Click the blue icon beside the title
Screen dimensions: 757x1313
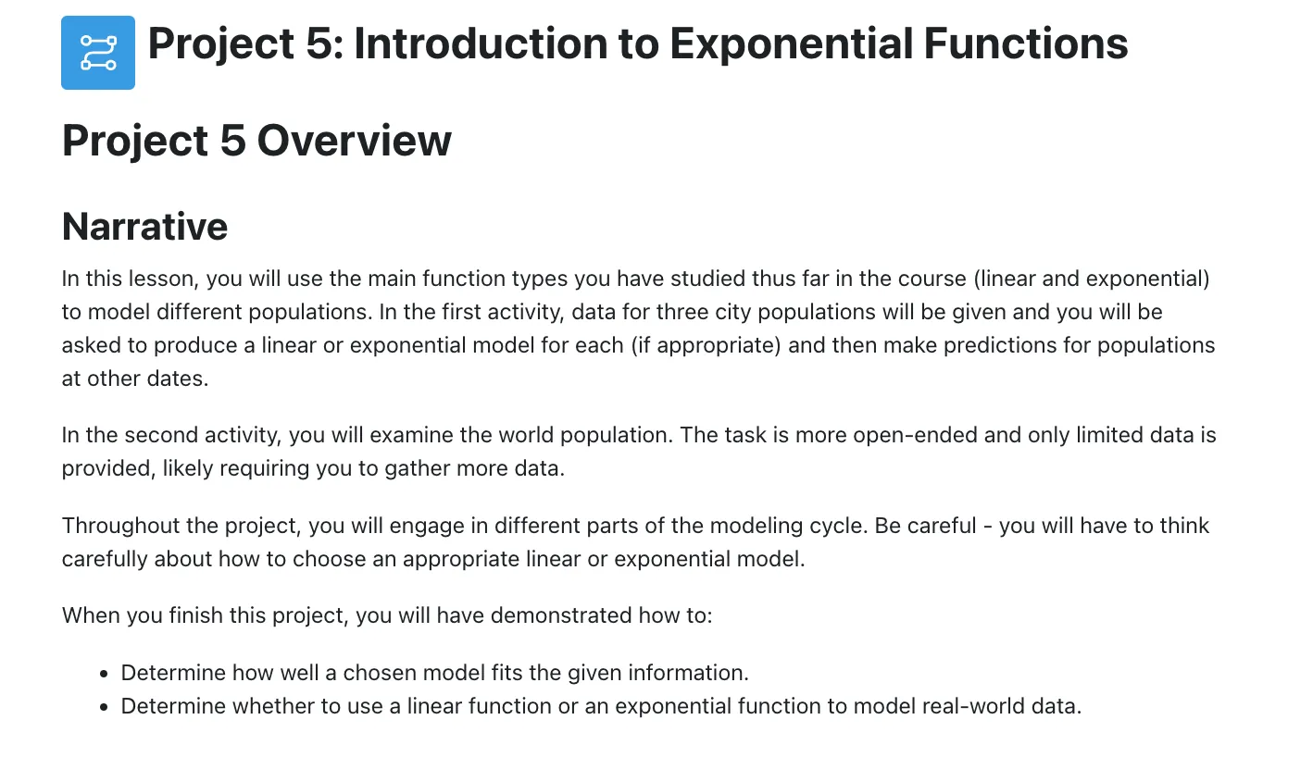point(98,53)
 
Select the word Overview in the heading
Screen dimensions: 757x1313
point(355,141)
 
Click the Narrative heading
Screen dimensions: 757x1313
point(144,227)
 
